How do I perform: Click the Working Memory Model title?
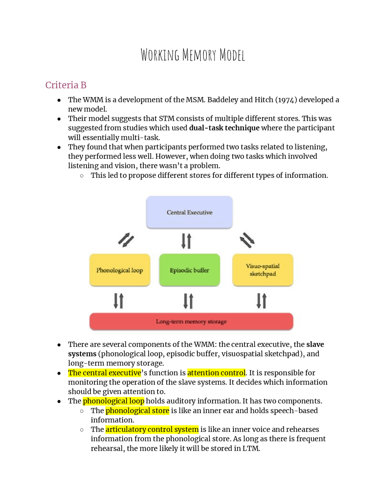[x=193, y=55]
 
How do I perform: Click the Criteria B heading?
[x=66, y=85]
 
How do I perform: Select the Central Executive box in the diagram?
[x=189, y=212]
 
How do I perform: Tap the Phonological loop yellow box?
[x=120, y=270]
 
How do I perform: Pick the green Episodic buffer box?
[x=189, y=270]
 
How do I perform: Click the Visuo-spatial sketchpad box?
[x=263, y=270]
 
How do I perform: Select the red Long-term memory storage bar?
[x=191, y=322]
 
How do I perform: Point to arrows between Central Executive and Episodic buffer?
[x=186, y=241]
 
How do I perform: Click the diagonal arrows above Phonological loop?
[x=126, y=240]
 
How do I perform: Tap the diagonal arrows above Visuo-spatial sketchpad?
[x=247, y=240]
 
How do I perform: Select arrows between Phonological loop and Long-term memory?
[x=119, y=301]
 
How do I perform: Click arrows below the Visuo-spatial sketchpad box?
[x=261, y=301]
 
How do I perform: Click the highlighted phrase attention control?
[x=216, y=373]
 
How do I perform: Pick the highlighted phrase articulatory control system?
[x=152, y=429]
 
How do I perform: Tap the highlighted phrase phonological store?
[x=137, y=410]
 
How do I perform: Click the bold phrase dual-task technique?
[x=224, y=128]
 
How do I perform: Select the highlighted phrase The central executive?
[x=104, y=373]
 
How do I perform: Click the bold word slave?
[x=315, y=344]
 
